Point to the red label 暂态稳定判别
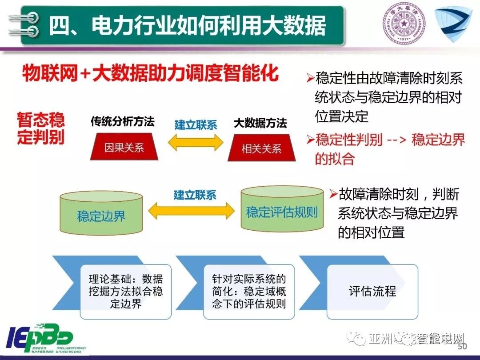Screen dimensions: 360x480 (41, 128)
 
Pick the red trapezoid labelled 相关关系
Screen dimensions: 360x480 (261, 148)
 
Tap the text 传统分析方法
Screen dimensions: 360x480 (122, 122)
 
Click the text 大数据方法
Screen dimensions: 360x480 (260, 123)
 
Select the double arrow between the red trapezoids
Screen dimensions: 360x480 (195, 142)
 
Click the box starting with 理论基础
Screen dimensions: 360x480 (126, 292)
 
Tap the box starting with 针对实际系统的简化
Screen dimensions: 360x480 (249, 292)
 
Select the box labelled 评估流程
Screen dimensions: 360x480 (372, 292)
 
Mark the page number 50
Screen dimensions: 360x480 (462, 346)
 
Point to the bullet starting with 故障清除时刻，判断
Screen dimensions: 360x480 (396, 213)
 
